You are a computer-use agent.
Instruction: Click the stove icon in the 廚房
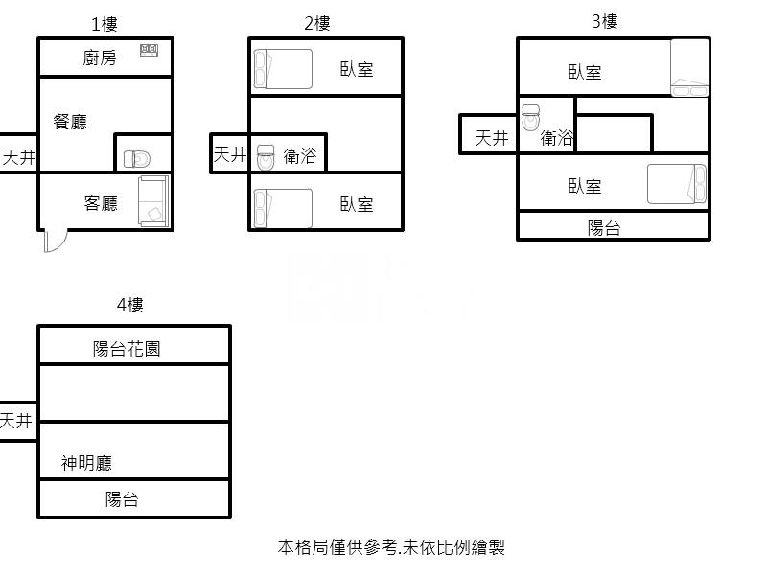click(150, 50)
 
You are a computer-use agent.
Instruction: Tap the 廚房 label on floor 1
click(100, 57)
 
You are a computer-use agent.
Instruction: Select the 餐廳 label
click(70, 122)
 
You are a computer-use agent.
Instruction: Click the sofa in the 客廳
click(154, 201)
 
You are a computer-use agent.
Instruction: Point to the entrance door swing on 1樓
click(56, 241)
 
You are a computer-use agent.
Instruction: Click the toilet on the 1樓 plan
click(137, 159)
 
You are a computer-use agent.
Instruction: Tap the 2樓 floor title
click(317, 23)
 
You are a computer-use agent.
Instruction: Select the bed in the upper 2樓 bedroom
click(283, 69)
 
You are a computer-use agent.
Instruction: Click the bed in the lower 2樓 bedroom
click(283, 208)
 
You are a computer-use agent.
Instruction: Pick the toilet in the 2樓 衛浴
click(266, 157)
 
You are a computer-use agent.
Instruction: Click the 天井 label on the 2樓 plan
click(230, 154)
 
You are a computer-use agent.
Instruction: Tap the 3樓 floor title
click(605, 21)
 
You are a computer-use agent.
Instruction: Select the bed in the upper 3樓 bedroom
click(689, 67)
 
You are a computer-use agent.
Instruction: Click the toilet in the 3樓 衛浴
click(531, 117)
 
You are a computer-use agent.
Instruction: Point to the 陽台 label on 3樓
click(604, 228)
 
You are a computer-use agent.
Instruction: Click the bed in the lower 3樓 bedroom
click(677, 184)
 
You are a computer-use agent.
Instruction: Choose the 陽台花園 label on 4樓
click(127, 349)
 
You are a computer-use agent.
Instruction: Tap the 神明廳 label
click(86, 463)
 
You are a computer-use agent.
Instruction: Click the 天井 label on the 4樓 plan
click(16, 421)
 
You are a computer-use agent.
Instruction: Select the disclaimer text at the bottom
click(391, 547)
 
